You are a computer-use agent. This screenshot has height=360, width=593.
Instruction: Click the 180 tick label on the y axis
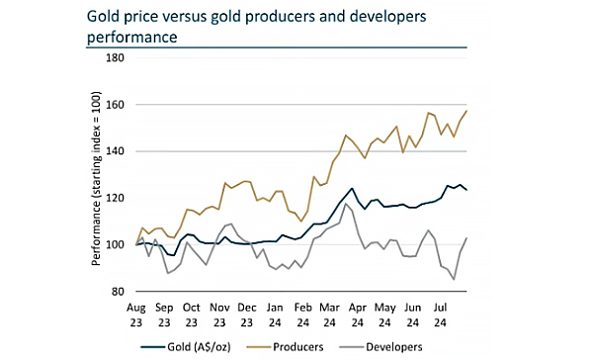pyautogui.click(x=116, y=58)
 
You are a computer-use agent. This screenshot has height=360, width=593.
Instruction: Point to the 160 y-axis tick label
pyautogui.click(x=116, y=105)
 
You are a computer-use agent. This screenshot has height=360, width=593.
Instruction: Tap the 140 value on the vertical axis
pyautogui.click(x=116, y=151)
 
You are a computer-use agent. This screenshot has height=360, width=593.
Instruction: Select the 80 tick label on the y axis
pyautogui.click(x=119, y=292)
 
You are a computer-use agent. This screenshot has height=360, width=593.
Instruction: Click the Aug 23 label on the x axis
pyautogui.click(x=136, y=315)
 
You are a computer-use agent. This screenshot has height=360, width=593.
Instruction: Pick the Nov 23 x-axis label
pyautogui.click(x=219, y=315)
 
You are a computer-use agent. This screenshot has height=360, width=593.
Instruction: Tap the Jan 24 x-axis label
pyautogui.click(x=275, y=315)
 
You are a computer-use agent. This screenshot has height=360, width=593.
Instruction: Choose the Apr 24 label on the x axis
pyautogui.click(x=358, y=315)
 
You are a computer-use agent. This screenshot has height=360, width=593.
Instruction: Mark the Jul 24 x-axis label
pyautogui.click(x=440, y=315)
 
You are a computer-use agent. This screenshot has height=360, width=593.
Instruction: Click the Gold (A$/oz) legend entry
pyautogui.click(x=186, y=347)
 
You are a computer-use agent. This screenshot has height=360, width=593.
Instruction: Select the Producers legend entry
pyautogui.click(x=285, y=347)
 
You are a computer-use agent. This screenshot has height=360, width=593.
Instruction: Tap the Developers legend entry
pyautogui.click(x=381, y=347)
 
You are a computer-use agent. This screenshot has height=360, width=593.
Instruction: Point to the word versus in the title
pyautogui.click(x=183, y=16)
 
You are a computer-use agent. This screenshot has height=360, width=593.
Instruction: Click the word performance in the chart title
pyautogui.click(x=132, y=38)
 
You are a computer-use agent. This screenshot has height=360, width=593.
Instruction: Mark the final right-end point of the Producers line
pyautogui.click(x=466, y=111)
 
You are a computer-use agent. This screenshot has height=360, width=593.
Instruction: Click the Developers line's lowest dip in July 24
pyautogui.click(x=454, y=279)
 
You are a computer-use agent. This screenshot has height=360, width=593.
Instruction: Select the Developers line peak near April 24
pyautogui.click(x=345, y=204)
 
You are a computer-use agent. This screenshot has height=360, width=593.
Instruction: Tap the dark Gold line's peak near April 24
pyautogui.click(x=352, y=188)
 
